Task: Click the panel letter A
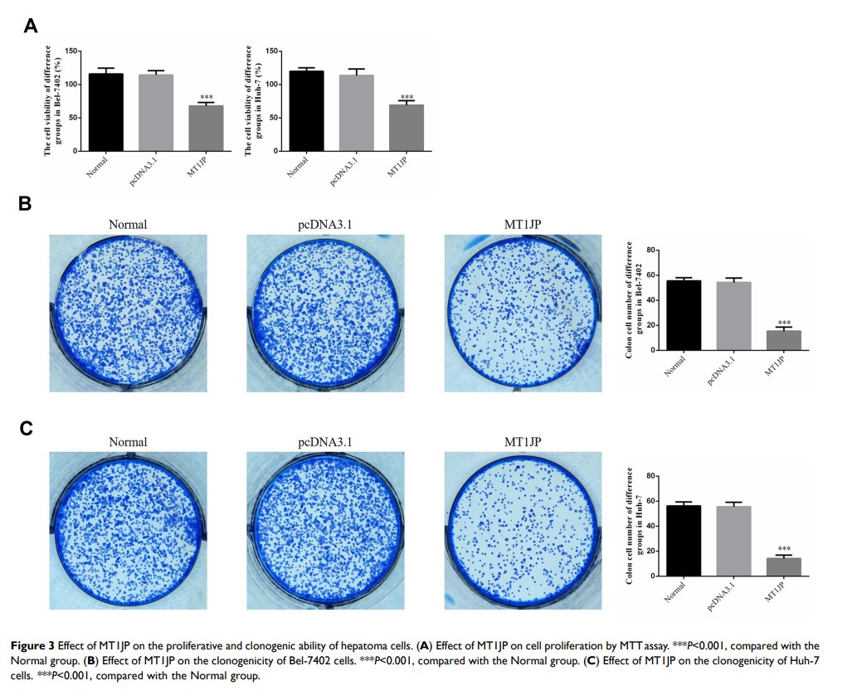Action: pyautogui.click(x=31, y=25)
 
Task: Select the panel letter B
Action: pyautogui.click(x=25, y=203)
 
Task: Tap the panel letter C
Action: pyautogui.click(x=26, y=428)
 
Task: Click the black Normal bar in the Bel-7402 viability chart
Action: pyautogui.click(x=106, y=112)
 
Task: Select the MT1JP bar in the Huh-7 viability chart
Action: pyautogui.click(x=407, y=128)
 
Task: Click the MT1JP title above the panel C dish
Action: pyautogui.click(x=523, y=442)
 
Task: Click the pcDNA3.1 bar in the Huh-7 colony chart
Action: pyautogui.click(x=733, y=541)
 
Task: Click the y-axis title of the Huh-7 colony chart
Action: pyautogui.click(x=633, y=526)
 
